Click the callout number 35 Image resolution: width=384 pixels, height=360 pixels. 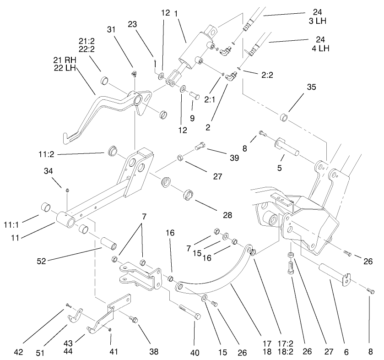coord(298,87)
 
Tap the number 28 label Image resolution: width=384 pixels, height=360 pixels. coord(227,214)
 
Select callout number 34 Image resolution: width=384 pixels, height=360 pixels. coord(49,171)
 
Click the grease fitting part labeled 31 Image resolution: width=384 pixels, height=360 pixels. coord(135,74)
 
